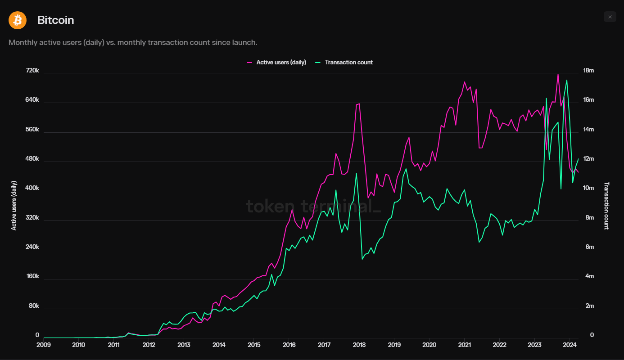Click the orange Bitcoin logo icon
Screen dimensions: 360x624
click(x=18, y=20)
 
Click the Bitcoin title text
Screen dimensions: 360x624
click(x=55, y=20)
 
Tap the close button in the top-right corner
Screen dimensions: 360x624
click(x=610, y=17)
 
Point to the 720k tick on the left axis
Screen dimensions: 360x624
click(x=32, y=71)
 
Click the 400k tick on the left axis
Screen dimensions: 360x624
click(x=32, y=189)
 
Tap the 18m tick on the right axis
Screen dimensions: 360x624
click(x=588, y=71)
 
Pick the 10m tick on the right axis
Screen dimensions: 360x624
click(x=588, y=188)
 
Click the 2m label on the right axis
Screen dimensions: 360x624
click(x=589, y=306)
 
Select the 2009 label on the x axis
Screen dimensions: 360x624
click(x=43, y=345)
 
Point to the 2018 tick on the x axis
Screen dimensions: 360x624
click(x=359, y=345)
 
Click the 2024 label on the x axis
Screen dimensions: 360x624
click(x=569, y=345)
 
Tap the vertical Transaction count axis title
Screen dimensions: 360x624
click(x=606, y=206)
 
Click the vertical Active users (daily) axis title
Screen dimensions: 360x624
click(x=14, y=206)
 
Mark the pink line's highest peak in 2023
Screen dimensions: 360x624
click(x=558, y=74)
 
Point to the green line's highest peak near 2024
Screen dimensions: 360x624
click(x=566, y=80)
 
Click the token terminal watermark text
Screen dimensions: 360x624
click(x=313, y=206)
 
